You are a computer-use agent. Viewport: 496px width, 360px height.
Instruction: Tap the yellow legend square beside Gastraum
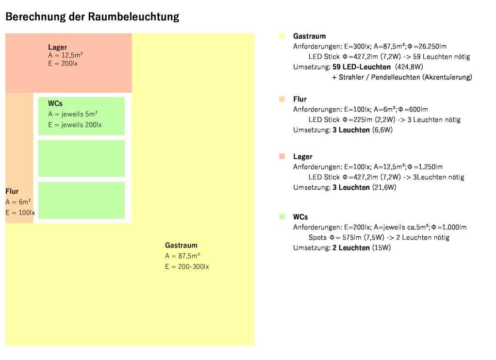[x=282, y=36]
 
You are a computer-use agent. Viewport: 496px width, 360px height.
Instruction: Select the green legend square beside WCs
[x=282, y=216]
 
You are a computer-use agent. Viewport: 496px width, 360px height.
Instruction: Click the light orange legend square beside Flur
[x=282, y=99]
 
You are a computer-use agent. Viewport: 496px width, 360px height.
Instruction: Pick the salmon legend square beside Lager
[x=282, y=156]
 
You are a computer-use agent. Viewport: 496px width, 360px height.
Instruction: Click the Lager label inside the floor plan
[x=57, y=47]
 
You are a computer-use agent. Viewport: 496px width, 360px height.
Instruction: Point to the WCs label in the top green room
[x=55, y=103]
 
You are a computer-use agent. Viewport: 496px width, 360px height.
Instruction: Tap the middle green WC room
[x=81, y=158]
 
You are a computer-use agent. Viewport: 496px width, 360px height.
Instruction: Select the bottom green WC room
[x=81, y=200]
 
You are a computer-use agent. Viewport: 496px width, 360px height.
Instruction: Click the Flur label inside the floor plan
[x=12, y=191]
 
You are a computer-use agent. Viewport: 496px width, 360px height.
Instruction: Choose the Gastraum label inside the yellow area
[x=181, y=245]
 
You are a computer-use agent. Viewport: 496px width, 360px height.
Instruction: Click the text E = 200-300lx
[x=187, y=267]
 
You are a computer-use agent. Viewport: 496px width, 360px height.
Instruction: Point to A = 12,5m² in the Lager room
[x=66, y=55]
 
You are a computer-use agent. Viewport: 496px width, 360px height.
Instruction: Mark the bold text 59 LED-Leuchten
[x=362, y=67]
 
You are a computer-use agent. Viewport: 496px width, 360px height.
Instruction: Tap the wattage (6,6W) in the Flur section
[x=382, y=130]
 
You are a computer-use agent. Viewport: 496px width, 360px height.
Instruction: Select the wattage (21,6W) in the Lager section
[x=384, y=187]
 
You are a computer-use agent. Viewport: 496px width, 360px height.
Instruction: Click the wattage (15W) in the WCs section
[x=381, y=248]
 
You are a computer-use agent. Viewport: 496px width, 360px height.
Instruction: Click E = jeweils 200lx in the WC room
[x=75, y=125]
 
